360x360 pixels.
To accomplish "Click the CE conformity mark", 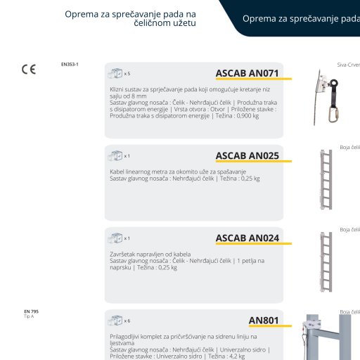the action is pos(29,70).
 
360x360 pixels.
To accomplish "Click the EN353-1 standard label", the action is pos(70,64).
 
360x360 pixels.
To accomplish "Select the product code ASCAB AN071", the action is pos(247,73).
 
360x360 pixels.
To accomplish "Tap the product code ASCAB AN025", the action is pos(247,155).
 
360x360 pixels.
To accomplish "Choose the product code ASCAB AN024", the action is pos(247,238).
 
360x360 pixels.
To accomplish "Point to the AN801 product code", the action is pos(264,321).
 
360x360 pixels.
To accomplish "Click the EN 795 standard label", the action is pos(31,311).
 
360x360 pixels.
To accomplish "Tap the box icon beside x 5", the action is pos(115,73).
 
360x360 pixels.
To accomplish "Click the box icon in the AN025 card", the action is pos(115,156).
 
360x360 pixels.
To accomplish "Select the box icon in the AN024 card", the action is pos(115,238).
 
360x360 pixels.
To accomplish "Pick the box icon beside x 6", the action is pos(115,321).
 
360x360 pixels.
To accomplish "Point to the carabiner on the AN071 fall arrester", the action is pos(333,115).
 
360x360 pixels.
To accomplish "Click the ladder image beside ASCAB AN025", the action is pos(326,179).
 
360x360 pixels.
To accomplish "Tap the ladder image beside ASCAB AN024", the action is pos(326,262).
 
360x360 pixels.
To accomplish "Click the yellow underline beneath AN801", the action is pos(270,326).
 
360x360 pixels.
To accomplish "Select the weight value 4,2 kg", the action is pos(236,356).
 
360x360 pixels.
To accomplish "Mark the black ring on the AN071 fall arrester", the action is pos(333,83).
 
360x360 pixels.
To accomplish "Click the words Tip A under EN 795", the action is pos(29,316).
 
